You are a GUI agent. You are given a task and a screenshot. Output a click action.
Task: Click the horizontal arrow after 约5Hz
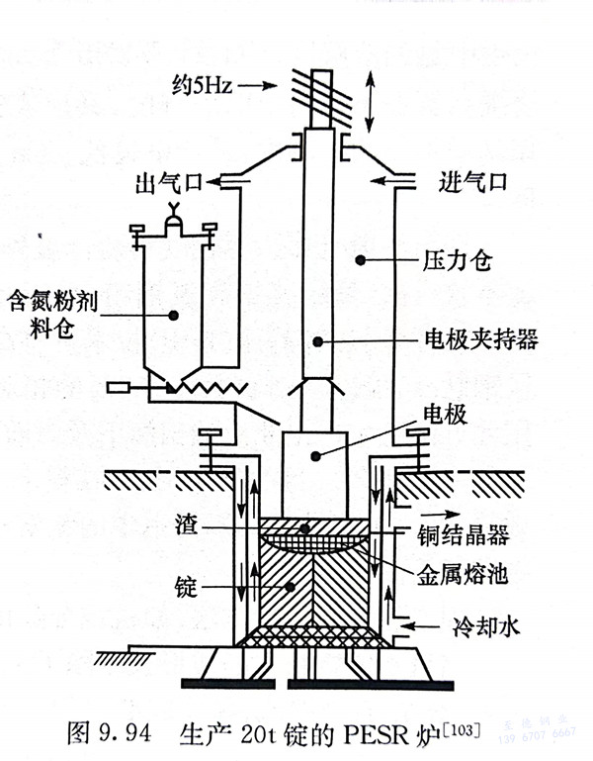(254, 87)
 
